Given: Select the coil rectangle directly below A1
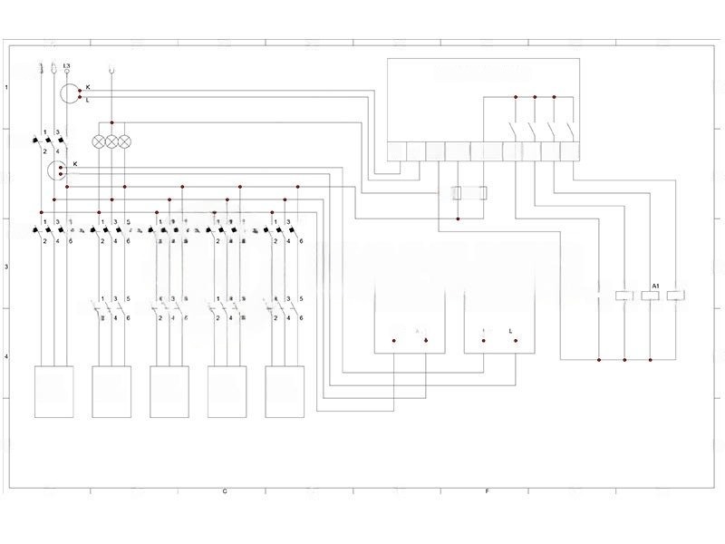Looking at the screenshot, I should [651, 296].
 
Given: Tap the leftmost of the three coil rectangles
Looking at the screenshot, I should [624, 296].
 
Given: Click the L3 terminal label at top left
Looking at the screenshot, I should [66, 66].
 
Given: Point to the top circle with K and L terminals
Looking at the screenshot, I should [71, 92].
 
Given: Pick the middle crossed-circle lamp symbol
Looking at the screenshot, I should [111, 141].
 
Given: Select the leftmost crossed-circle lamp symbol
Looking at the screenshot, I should [98, 141].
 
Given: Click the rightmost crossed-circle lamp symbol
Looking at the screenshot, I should [125, 141].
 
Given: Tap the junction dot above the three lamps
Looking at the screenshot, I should [111, 122].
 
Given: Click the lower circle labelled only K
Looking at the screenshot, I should [57, 170].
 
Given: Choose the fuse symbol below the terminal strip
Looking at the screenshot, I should [470, 192].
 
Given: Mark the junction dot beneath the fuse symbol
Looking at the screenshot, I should [458, 218].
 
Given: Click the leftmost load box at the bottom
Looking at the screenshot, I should [53, 392].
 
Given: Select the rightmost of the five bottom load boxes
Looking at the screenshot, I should [285, 392].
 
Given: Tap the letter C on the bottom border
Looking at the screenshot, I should [224, 491].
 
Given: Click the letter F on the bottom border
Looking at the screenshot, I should [488, 491].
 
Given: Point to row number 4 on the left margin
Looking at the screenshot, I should [7, 356].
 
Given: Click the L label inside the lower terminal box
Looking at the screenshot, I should [512, 332].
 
